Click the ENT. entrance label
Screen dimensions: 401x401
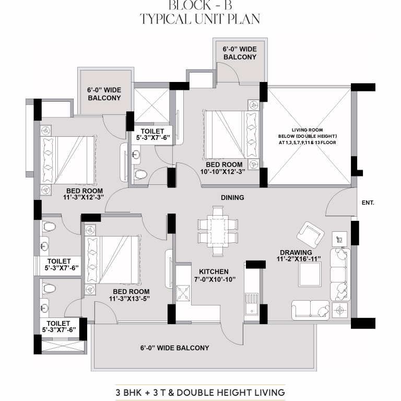coord(368,203)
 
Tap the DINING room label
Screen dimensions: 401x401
coord(232,198)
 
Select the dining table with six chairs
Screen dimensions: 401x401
coord(218,231)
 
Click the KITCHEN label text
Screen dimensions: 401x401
coord(214,272)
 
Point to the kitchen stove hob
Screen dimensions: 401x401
coord(183,293)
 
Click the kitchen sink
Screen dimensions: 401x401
coord(252,304)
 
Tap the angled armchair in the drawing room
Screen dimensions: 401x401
coord(311,233)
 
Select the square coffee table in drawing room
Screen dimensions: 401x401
coord(310,274)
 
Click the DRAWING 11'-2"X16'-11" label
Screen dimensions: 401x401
coord(299,256)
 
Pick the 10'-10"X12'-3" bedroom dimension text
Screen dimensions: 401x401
coord(222,172)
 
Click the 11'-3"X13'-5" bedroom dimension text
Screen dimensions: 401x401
coord(129,299)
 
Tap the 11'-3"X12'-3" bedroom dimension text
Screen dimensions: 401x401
coord(84,197)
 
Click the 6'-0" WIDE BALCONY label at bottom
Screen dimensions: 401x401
coord(175,348)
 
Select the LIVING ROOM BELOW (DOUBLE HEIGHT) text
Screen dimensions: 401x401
coord(308,133)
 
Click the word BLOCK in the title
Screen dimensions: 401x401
coord(189,5)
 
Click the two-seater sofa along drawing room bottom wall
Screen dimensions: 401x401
coord(311,310)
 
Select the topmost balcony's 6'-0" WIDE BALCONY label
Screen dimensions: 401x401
coord(240,53)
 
